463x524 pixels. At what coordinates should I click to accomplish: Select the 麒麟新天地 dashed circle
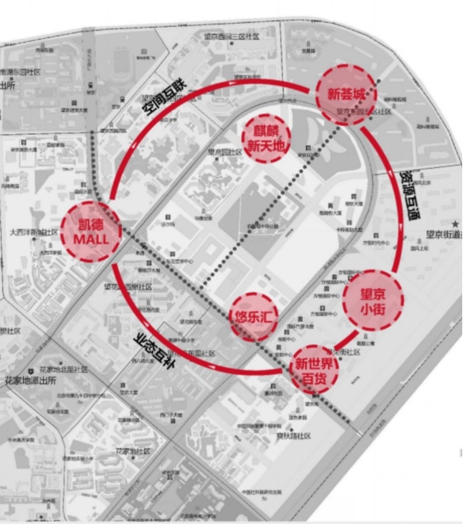point(266,137)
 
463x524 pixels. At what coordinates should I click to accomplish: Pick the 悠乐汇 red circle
point(254,315)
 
